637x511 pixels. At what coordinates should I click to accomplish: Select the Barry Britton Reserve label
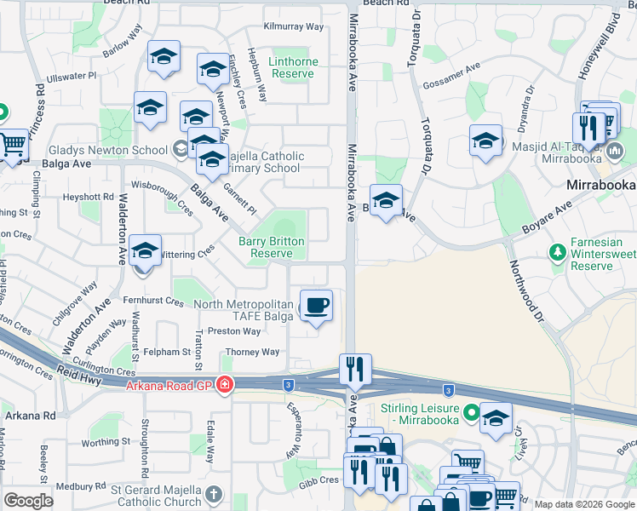(272, 247)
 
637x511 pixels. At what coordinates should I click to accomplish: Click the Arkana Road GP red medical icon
(224, 386)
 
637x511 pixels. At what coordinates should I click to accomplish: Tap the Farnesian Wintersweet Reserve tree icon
(558, 253)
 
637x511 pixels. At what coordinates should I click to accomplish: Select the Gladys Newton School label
(108, 150)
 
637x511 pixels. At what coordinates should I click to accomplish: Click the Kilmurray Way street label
(294, 26)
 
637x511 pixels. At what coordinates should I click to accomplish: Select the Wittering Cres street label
(187, 253)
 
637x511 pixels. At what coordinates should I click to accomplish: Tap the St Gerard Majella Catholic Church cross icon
(214, 493)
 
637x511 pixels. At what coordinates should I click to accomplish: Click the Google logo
(29, 501)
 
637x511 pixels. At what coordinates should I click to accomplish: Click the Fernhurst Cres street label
(152, 301)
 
